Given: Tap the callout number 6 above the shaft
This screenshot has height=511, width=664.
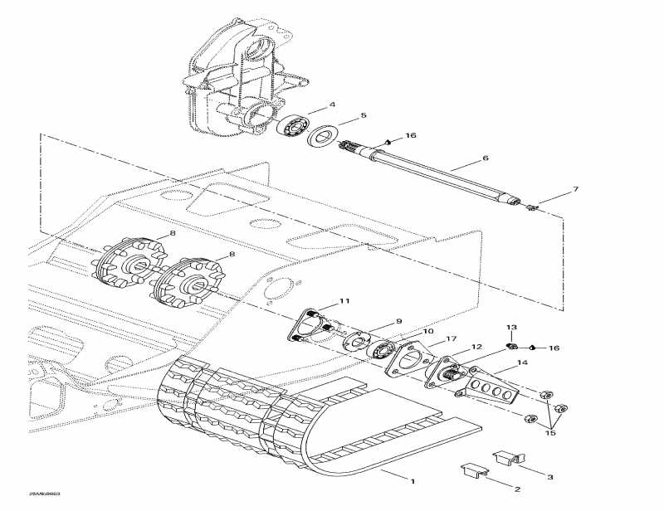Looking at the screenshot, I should [x=486, y=158].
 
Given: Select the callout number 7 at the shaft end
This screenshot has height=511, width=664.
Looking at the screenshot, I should [x=575, y=190].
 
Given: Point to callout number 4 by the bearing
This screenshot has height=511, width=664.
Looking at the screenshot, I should [x=332, y=105].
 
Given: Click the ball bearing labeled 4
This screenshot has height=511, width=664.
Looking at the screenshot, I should [x=291, y=128].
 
